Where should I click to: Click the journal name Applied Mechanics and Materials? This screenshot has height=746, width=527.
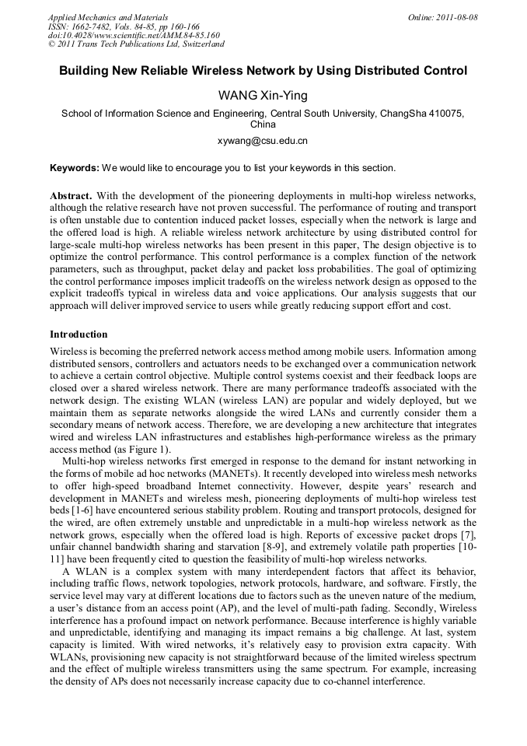point(108,17)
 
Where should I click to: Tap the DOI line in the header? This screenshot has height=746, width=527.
point(134,36)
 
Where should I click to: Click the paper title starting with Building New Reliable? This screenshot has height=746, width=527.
point(263,71)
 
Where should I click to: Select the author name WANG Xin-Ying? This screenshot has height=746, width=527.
point(263,96)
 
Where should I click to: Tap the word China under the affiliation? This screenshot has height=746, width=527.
point(263,124)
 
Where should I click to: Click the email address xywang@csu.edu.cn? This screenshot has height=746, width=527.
point(263,142)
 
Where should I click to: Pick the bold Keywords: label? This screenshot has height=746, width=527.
point(75,168)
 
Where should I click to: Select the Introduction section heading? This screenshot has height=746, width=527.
point(79,334)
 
